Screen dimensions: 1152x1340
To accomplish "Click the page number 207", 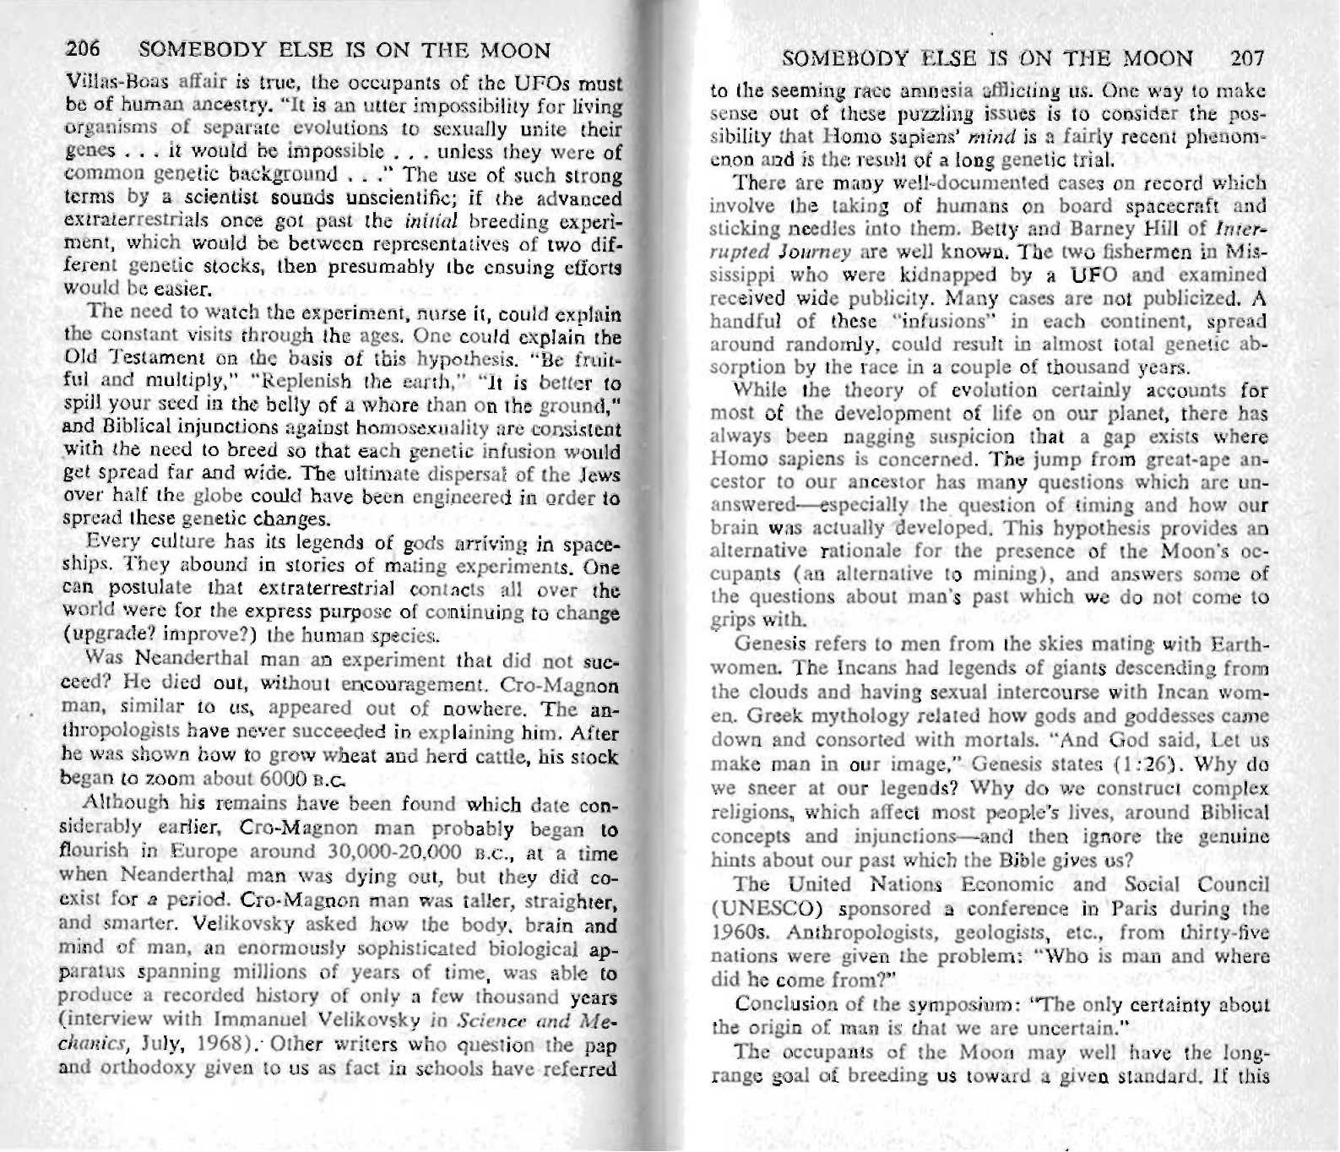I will pyautogui.click(x=1246, y=59).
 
